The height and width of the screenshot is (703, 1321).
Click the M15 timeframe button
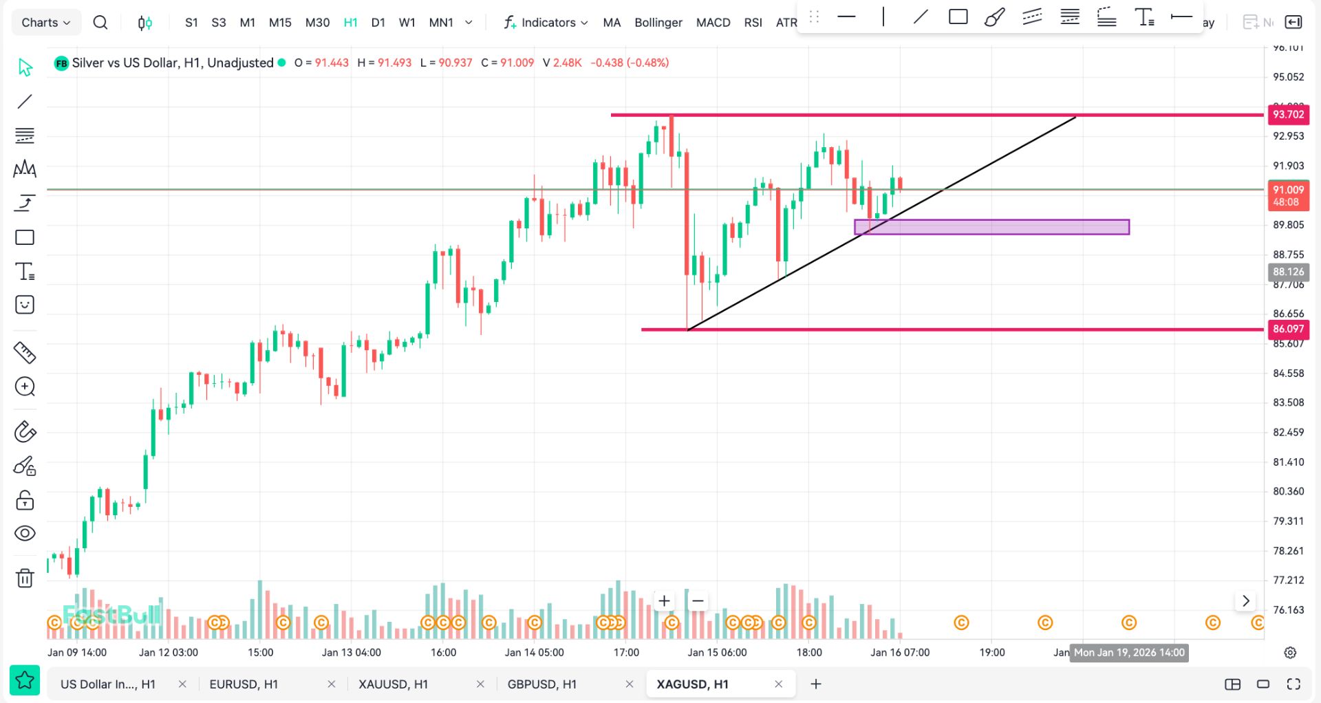click(x=280, y=23)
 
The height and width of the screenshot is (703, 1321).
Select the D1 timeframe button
click(x=378, y=23)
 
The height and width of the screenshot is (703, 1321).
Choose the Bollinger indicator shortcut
click(x=658, y=23)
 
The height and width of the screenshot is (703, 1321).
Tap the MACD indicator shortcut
click(x=713, y=23)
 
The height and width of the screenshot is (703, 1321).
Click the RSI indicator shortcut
click(x=753, y=23)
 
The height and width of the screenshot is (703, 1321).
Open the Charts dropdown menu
click(x=46, y=23)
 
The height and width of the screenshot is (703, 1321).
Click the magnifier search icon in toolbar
click(x=100, y=23)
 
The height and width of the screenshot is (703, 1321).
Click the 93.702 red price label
click(x=1288, y=115)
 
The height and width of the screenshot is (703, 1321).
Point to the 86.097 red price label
click(x=1288, y=329)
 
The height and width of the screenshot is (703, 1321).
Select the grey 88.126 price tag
click(x=1288, y=272)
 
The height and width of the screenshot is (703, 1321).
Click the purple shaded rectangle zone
click(x=991, y=227)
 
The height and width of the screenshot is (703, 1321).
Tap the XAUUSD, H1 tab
click(x=393, y=684)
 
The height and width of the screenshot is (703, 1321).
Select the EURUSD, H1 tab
click(x=244, y=684)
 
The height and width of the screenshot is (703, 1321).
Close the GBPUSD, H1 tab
click(x=630, y=684)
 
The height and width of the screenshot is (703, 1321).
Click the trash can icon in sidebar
click(x=25, y=578)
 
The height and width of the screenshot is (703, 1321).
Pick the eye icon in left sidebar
click(x=25, y=534)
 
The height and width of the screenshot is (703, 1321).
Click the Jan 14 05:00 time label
click(x=534, y=653)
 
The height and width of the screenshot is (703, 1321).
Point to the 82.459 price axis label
click(x=1288, y=433)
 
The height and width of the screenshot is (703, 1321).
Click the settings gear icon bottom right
click(x=1290, y=653)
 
